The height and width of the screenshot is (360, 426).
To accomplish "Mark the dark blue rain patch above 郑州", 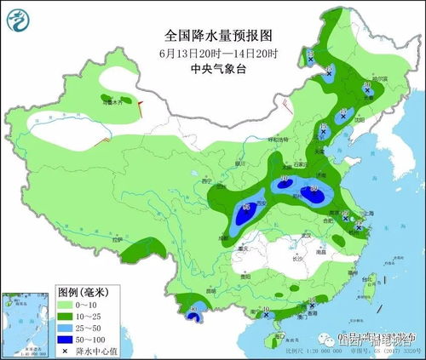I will click(313, 195).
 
